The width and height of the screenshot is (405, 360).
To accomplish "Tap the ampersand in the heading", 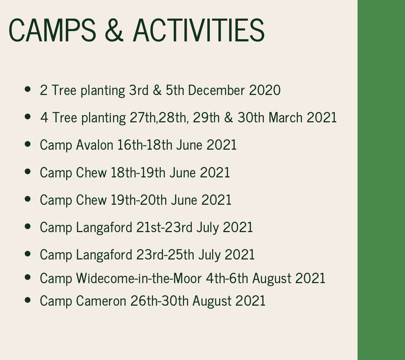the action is pos(114,30).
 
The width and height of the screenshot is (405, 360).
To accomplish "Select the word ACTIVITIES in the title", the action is pos(199,30).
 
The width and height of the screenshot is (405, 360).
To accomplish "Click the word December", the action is pos(216,90).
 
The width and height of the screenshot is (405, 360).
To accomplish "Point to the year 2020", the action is pos(265,90).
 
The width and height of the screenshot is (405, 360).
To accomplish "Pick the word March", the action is pos(285,118).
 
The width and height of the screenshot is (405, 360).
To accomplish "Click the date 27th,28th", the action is pos(158,118).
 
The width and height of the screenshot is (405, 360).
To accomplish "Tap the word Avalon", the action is pos(95,145).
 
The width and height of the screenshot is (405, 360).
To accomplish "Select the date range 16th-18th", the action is pos(144,145).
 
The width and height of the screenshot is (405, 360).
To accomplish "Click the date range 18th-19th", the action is pos(138,172).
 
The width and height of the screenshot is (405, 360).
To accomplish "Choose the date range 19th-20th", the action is pos(139,200).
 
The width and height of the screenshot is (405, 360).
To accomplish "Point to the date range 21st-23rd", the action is pos(164,227).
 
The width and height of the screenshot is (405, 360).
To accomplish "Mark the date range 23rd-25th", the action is pos(165,255).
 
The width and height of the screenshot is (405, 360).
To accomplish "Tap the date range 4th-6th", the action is pos(227,278).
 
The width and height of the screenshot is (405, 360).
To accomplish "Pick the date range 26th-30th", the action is pos(159,301).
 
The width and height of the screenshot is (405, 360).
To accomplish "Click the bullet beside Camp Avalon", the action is pos(28,144).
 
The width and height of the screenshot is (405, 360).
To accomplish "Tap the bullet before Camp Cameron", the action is pos(28,300).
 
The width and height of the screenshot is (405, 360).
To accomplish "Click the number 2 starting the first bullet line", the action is pos(44,90).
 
